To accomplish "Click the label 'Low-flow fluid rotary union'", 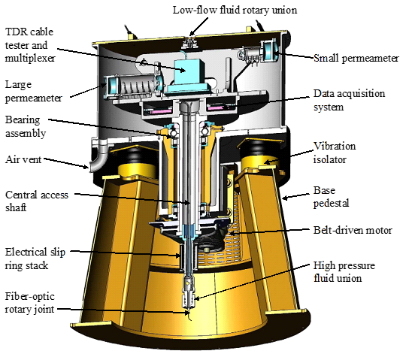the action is point(235,11).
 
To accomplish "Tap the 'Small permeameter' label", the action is point(356,58).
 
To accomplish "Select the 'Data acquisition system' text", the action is point(349,100).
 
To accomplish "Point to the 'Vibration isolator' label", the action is point(335,153).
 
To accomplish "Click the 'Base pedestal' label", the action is point(331,197).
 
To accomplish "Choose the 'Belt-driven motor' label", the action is point(353,230).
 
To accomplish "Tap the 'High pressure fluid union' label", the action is point(344,272).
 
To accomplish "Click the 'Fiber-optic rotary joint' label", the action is point(30,303).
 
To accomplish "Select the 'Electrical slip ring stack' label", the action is point(35,259).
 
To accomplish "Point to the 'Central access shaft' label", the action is point(37,201).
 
